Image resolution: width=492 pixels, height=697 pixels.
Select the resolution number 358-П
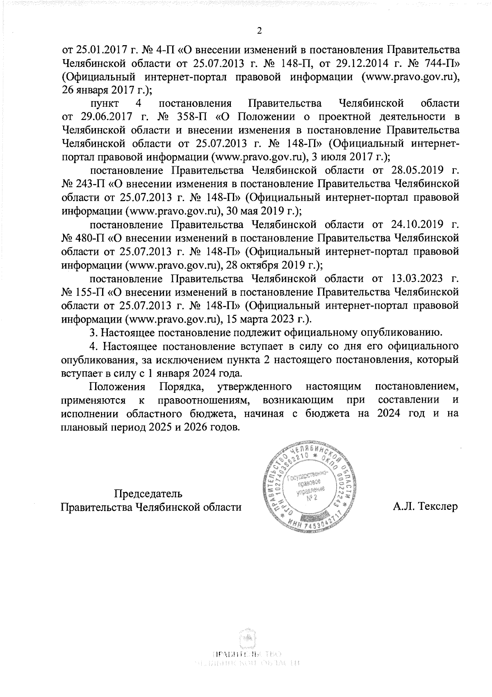coord(188,117)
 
